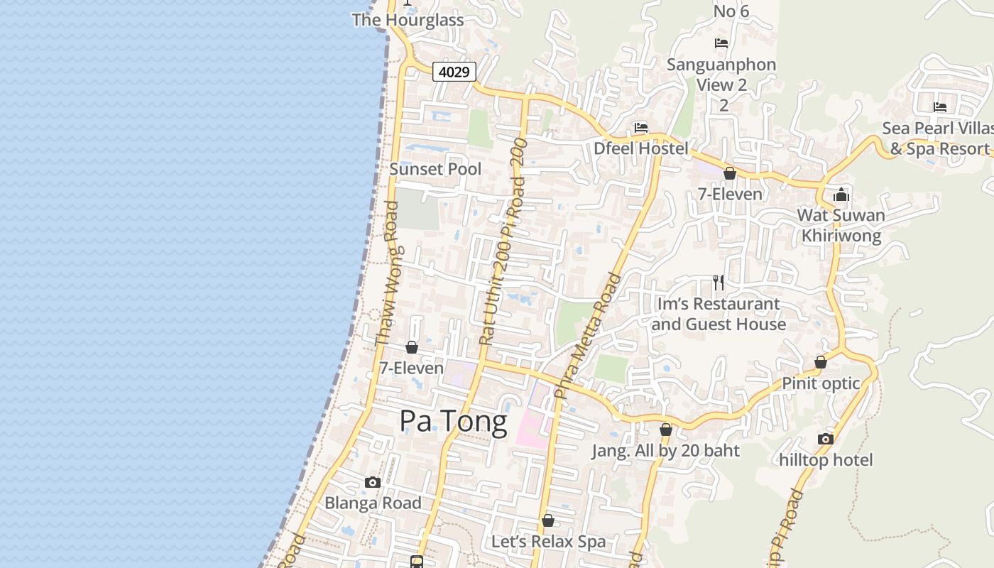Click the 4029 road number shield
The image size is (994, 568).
(x=454, y=72)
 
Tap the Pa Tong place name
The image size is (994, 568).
(x=453, y=422)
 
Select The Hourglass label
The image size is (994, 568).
(x=408, y=20)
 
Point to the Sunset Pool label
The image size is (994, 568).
(x=435, y=169)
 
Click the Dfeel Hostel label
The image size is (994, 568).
(x=641, y=148)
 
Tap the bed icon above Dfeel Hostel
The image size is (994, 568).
(x=641, y=128)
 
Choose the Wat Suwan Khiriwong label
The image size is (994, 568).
(x=841, y=225)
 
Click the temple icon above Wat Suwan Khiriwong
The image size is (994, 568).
(x=841, y=194)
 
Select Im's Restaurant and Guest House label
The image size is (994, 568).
(x=719, y=314)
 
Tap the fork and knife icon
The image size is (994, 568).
(x=719, y=283)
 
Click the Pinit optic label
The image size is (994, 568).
(x=821, y=383)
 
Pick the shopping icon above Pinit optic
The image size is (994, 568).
(x=821, y=363)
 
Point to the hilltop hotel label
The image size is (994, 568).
(x=826, y=459)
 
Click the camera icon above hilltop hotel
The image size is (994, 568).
(x=825, y=439)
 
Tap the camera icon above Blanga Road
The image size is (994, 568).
(x=373, y=483)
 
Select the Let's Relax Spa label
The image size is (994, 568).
(x=548, y=542)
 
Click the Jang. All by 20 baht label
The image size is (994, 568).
(x=665, y=450)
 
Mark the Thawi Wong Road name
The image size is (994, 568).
(x=386, y=273)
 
